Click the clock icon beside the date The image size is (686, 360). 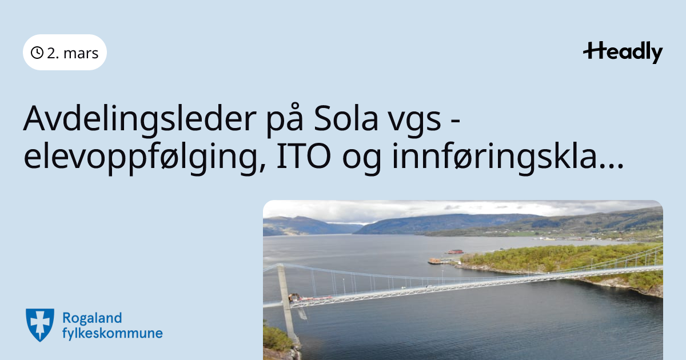pyautogui.click(x=37, y=53)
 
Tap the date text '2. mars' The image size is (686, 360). pyautogui.click(x=73, y=53)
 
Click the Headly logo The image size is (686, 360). pyautogui.click(x=623, y=53)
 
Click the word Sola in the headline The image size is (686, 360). pyautogui.click(x=346, y=118)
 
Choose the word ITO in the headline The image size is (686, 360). pyautogui.click(x=304, y=156)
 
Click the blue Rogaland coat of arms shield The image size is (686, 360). pyautogui.click(x=40, y=325)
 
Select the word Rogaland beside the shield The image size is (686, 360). pyautogui.click(x=92, y=318)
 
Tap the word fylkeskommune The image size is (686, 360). pyautogui.click(x=113, y=333)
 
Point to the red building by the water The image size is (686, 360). pyautogui.click(x=456, y=251)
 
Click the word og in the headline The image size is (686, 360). pyautogui.click(x=362, y=160)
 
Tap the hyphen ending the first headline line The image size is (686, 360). pyautogui.click(x=456, y=122)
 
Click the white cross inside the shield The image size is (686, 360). pyautogui.click(x=40, y=323)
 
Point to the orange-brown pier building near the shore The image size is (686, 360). pyautogui.click(x=435, y=261)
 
